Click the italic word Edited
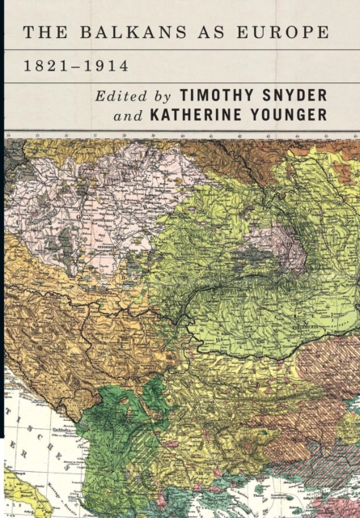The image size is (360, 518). pyautogui.click(x=121, y=94)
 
